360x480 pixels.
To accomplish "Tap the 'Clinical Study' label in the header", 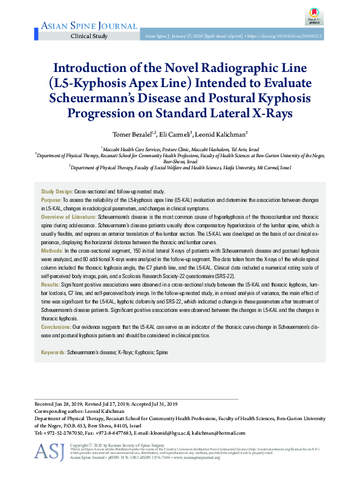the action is pyautogui.click(x=89, y=36).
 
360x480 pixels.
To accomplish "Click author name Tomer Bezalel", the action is pyautogui.click(x=134, y=134).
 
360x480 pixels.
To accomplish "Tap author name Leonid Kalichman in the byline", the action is pyautogui.click(x=220, y=134).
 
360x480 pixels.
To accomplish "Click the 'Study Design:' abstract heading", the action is pyautogui.click(x=57, y=191).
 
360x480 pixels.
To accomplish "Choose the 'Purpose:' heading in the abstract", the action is pyautogui.click(x=51, y=199).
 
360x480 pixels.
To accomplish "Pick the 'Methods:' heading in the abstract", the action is pyautogui.click(x=51, y=250).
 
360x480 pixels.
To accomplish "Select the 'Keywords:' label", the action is pyautogui.click(x=53, y=352).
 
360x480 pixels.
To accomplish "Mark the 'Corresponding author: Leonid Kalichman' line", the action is pyautogui.click(x=82, y=410).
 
